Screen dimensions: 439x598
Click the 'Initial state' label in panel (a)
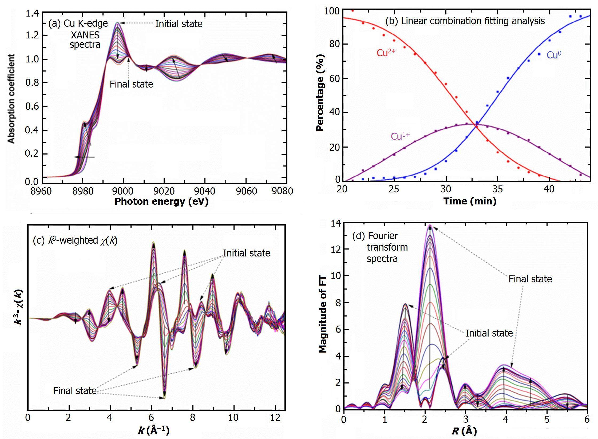coord(179,24)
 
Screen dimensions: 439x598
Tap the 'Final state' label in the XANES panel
coord(131,84)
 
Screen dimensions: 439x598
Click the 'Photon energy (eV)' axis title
coord(161,201)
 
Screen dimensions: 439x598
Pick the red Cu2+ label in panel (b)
coord(386,53)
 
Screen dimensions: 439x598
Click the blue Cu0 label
coord(554,55)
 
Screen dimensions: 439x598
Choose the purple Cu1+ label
coord(400,136)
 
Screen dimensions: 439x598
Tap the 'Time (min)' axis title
coord(470,201)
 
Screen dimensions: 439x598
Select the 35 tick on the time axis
coord(497,189)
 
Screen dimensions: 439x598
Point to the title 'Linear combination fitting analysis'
coord(465,21)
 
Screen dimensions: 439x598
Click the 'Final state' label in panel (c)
coord(75,391)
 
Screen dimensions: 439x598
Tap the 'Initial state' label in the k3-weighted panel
coord(247,253)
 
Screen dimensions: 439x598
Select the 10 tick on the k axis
coord(233,418)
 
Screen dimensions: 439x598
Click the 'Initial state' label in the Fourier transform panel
coord(489,333)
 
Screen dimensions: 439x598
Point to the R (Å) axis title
coord(464,431)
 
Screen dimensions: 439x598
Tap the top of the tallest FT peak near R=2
coord(430,226)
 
